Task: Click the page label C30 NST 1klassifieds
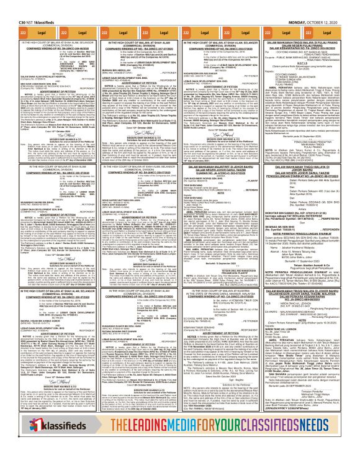(x=27, y=5)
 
